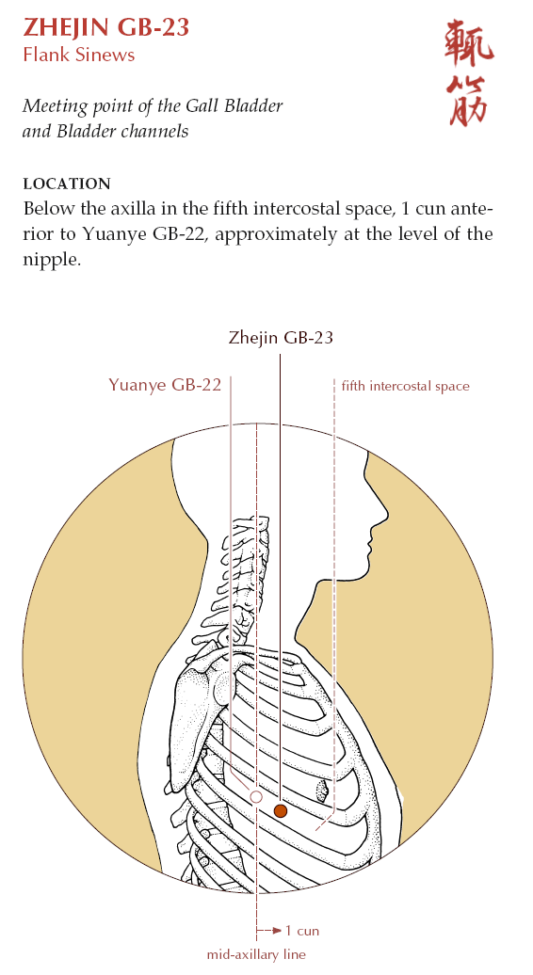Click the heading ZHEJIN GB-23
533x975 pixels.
(105, 28)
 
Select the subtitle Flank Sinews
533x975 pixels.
(78, 55)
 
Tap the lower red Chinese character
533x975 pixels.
(469, 102)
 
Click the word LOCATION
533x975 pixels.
(67, 184)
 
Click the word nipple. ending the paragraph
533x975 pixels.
(52, 260)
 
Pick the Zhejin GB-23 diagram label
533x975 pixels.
(281, 338)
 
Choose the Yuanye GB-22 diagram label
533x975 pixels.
(165, 385)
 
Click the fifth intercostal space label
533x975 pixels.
(405, 386)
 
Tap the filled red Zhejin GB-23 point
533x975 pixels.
(281, 810)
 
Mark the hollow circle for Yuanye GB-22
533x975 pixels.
(255, 796)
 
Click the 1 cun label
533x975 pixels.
(301, 931)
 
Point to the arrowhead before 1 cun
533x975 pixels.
(278, 931)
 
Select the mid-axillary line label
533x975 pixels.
(256, 954)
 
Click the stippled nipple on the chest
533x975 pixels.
(322, 791)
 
